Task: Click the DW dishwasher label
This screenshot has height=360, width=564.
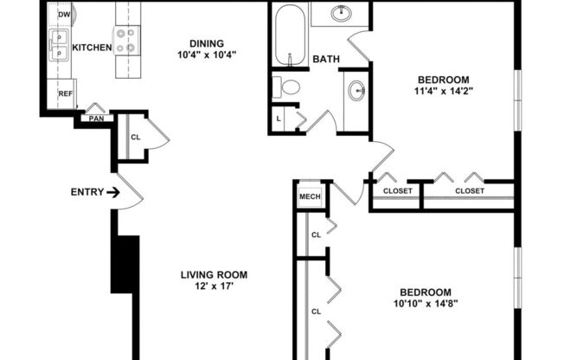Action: click(64, 15)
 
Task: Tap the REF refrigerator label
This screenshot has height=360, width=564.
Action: click(65, 93)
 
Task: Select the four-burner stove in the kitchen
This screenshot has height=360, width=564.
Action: click(126, 40)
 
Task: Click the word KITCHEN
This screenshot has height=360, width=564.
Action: click(91, 48)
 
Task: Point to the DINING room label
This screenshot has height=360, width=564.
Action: click(207, 43)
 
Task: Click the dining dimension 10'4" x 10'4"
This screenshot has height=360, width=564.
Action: click(207, 55)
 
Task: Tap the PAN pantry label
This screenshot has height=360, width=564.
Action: click(95, 118)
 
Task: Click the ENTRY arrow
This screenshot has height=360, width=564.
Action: click(113, 192)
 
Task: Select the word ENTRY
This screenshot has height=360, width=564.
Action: click(87, 192)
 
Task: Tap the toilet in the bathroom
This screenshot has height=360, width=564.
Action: click(287, 87)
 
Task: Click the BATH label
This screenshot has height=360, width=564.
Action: click(325, 60)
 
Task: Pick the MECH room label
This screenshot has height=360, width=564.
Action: click(310, 196)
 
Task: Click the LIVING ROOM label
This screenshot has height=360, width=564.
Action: click(207, 275)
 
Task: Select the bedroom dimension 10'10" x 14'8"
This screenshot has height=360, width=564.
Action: click(426, 303)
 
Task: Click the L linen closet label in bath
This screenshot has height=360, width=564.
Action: click(279, 118)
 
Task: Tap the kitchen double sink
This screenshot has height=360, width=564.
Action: click(59, 45)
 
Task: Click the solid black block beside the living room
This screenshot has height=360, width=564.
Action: click(125, 265)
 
